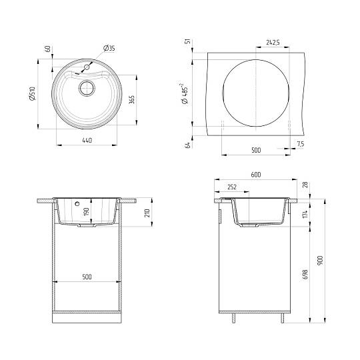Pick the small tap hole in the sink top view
pyautogui.click(x=87, y=67)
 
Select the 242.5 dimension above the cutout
pyautogui.click(x=272, y=43)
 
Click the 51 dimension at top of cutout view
pyautogui.click(x=189, y=41)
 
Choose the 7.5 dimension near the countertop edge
pyautogui.click(x=300, y=144)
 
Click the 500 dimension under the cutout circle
pyautogui.click(x=256, y=151)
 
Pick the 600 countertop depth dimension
pyautogui.click(x=255, y=175)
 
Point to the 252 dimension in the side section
pyautogui.click(x=232, y=187)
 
